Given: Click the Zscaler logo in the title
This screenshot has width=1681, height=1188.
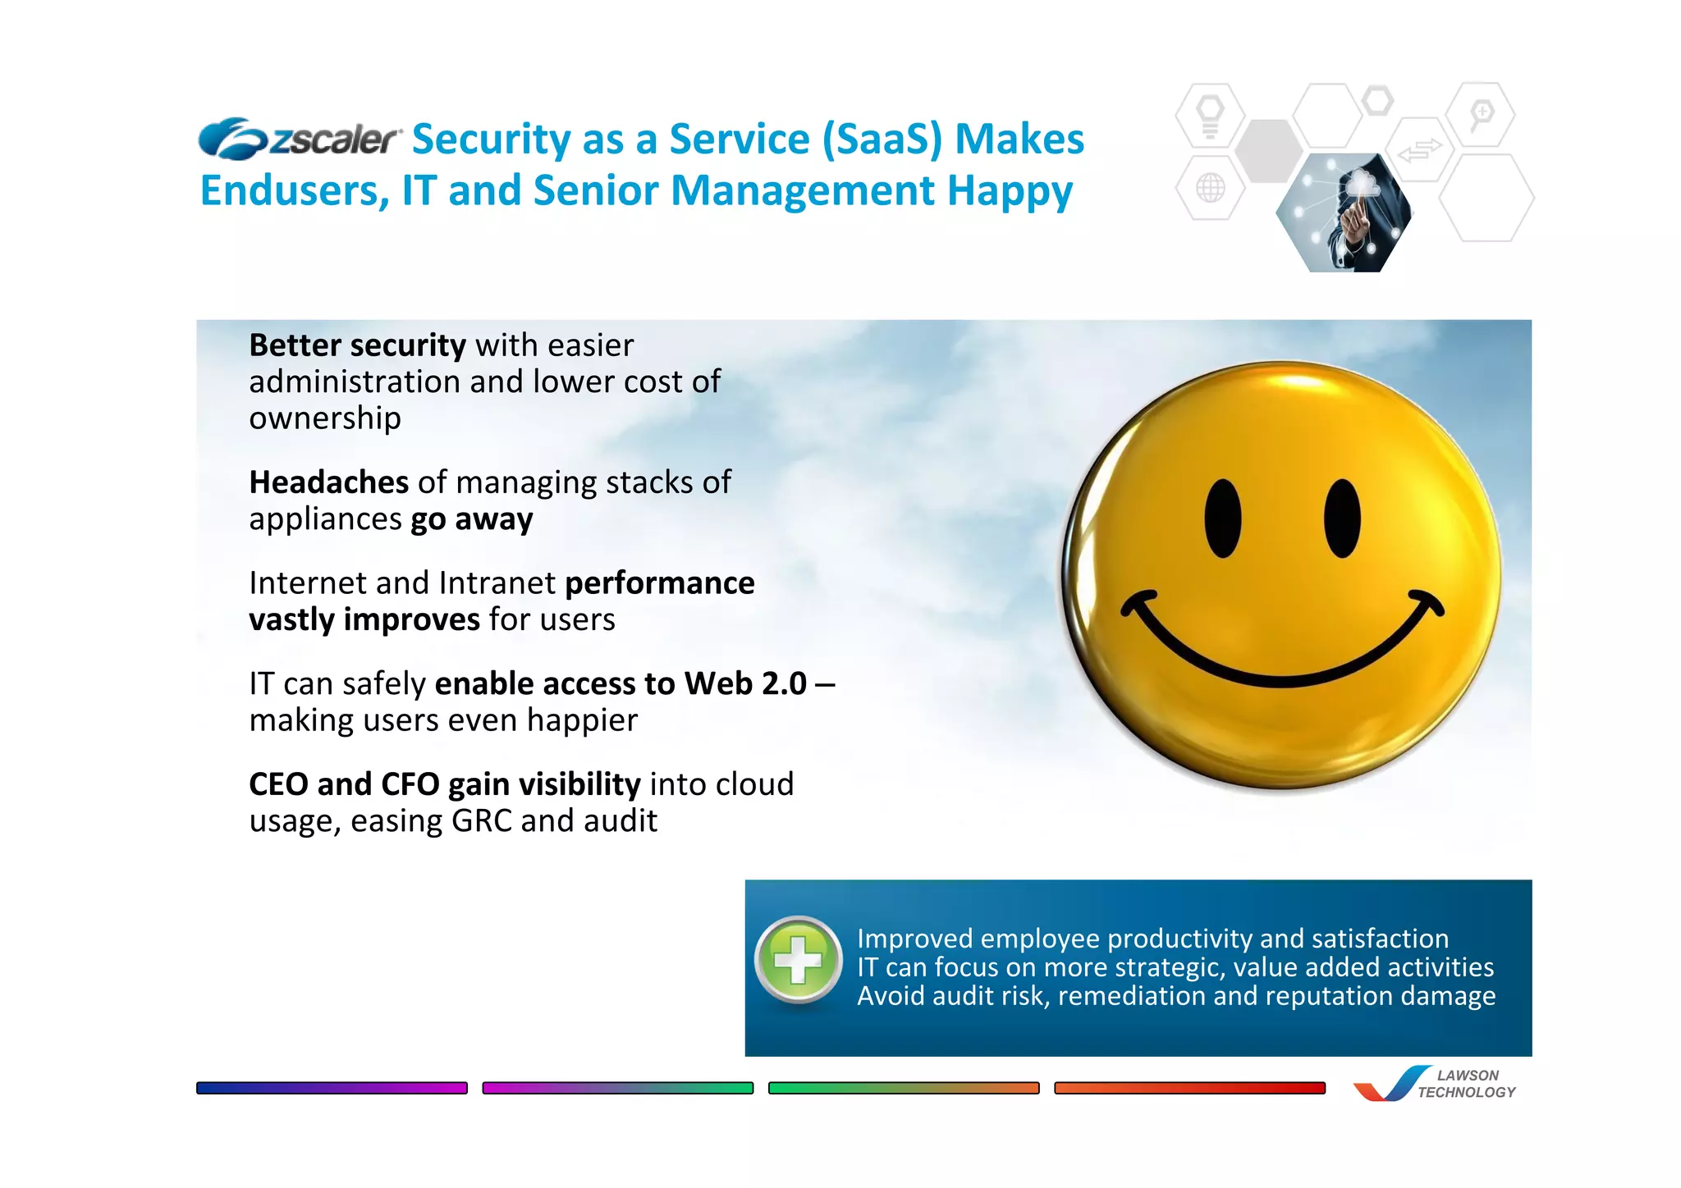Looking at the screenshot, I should [300, 139].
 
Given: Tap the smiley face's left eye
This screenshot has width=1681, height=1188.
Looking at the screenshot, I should [1222, 519].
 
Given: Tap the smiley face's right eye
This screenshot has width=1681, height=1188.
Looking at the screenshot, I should [1342, 519].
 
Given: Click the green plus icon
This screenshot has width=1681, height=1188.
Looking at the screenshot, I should [798, 960].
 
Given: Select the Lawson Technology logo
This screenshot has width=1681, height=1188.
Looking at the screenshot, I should [1434, 1084].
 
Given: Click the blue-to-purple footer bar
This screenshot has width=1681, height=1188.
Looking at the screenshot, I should [332, 1088].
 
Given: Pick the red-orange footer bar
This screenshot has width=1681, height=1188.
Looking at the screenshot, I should [1189, 1088].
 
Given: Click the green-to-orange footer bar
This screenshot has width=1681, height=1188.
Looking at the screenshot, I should [903, 1088].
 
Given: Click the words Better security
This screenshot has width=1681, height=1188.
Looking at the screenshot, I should [357, 346].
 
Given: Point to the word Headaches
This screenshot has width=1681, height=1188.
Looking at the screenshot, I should [328, 482].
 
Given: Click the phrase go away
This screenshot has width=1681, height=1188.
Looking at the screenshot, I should [471, 519].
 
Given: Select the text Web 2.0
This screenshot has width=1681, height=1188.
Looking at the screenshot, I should [745, 683].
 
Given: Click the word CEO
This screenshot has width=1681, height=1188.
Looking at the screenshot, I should [278, 784].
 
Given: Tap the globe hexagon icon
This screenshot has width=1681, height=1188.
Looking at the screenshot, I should [1210, 188].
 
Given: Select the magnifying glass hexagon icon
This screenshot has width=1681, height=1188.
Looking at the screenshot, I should [1481, 115].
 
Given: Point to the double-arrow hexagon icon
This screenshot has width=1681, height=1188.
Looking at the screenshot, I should [1419, 151].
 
